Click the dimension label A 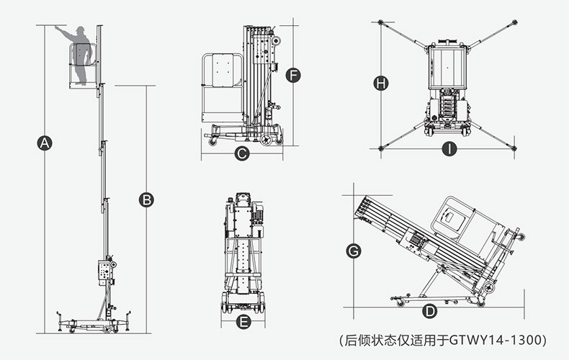pyautogui.click(x=45, y=143)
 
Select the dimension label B pyautogui.click(x=146, y=199)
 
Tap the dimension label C pyautogui.click(x=242, y=153)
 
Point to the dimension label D pyautogui.click(x=430, y=311)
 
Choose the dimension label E pyautogui.click(x=243, y=322)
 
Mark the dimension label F pyautogui.click(x=292, y=75)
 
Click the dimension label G pyautogui.click(x=354, y=251)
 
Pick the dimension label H pyautogui.click(x=381, y=84)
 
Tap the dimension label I pyautogui.click(x=449, y=150)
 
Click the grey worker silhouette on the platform pyautogui.click(x=84, y=54)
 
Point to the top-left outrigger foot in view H pyautogui.click(x=381, y=22)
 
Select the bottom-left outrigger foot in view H pyautogui.click(x=381, y=148)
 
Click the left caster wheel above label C pyautogui.click(x=213, y=142)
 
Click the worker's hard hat pyautogui.click(x=82, y=29)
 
